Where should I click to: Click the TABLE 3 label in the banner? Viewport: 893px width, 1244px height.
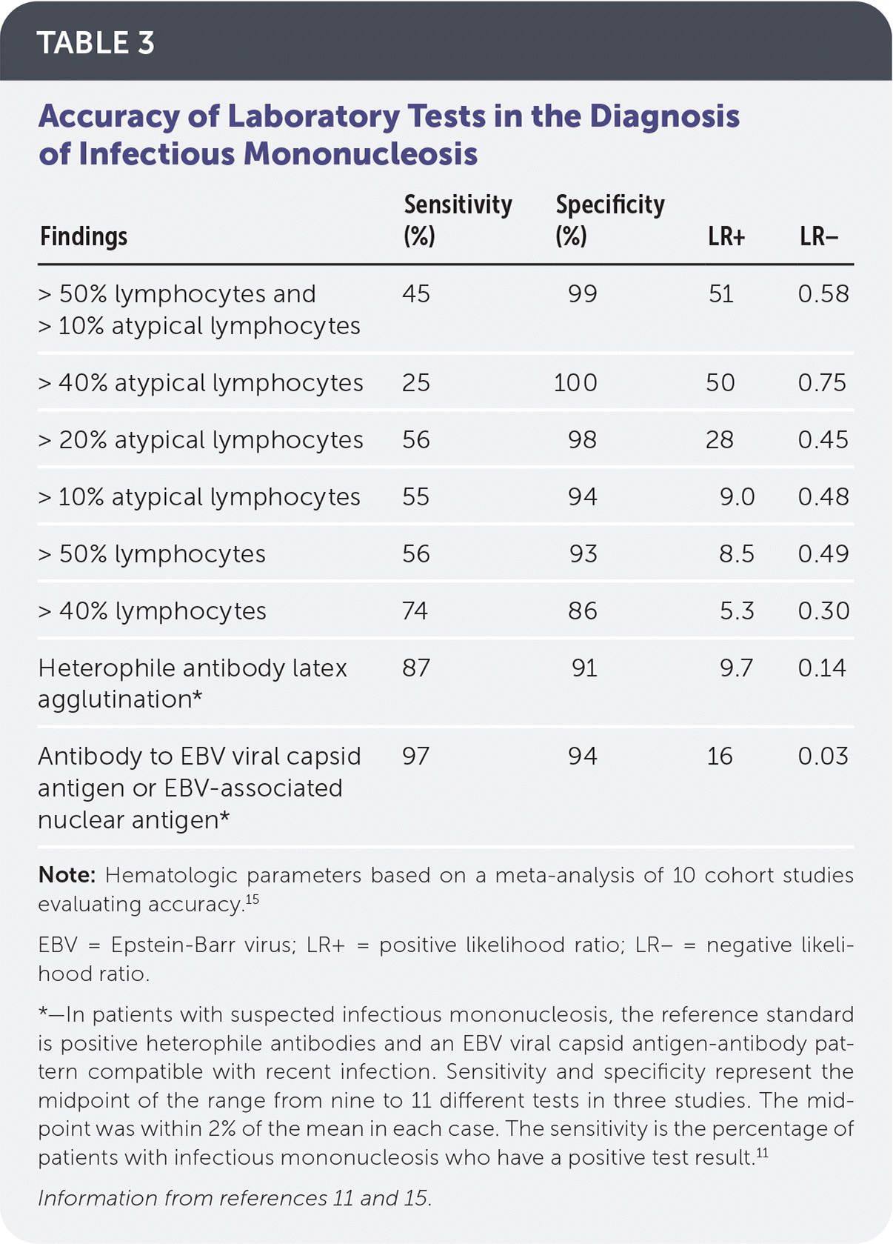(x=96, y=43)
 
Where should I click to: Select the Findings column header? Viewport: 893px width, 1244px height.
(x=84, y=237)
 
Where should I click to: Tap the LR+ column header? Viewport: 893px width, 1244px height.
(x=726, y=237)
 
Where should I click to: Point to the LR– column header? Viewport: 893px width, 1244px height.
(x=818, y=237)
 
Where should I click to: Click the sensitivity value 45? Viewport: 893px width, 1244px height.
(x=416, y=294)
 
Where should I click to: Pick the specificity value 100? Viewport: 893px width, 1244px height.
(x=575, y=383)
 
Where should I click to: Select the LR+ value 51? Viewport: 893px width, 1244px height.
(x=721, y=294)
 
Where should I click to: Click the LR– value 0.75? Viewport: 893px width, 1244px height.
(x=823, y=383)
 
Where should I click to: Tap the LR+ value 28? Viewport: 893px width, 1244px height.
(x=720, y=440)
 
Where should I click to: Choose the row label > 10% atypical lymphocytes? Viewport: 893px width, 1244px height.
(x=199, y=497)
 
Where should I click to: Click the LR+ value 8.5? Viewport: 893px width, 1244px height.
(x=737, y=554)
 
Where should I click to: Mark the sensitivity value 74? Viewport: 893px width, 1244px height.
(x=415, y=611)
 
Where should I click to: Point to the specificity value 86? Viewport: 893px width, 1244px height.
(x=583, y=611)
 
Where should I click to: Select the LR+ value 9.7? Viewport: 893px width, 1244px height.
(x=737, y=668)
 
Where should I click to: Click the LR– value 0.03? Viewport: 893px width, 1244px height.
(x=823, y=756)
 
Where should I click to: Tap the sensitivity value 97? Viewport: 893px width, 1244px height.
(x=416, y=756)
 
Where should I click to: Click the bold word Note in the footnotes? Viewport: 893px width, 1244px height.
(x=67, y=875)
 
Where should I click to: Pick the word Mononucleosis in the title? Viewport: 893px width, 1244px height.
(x=361, y=154)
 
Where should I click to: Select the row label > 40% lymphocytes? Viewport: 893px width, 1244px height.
(x=153, y=611)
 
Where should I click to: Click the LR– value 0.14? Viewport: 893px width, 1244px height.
(x=823, y=668)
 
